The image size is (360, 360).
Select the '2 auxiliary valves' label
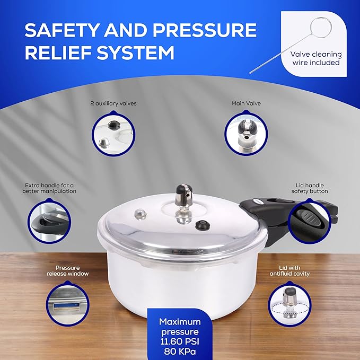(x=113, y=103)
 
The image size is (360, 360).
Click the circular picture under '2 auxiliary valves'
(x=113, y=135)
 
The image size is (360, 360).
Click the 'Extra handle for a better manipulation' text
(x=50, y=188)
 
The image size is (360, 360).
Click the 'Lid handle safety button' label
(x=311, y=188)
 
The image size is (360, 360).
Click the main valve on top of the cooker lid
(x=181, y=199)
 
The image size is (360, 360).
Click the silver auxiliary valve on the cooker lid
(x=140, y=214)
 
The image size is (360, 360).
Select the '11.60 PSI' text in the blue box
(x=180, y=341)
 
